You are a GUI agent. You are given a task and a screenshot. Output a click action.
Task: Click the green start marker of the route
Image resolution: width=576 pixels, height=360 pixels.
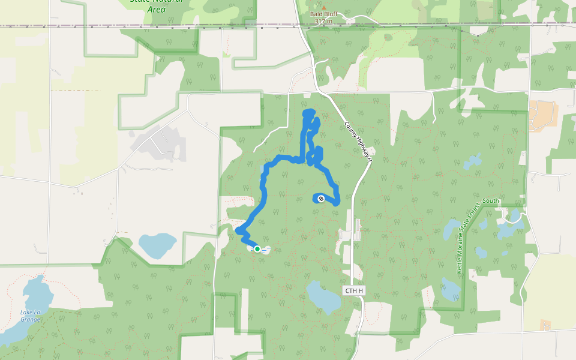click(x=257, y=248)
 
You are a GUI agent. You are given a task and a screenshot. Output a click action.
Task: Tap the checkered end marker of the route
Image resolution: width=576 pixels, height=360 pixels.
click(x=321, y=199)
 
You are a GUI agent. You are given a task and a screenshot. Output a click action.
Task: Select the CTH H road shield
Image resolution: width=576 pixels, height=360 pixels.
click(x=354, y=290)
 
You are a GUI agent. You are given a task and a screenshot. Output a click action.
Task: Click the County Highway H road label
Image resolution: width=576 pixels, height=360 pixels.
click(x=358, y=143)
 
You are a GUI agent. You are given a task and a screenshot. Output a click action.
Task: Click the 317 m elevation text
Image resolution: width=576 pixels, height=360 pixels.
click(x=323, y=22)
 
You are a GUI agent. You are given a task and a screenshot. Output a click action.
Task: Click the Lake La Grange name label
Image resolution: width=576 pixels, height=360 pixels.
click(x=30, y=316)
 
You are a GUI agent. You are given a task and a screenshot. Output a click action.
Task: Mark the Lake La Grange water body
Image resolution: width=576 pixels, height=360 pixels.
click(x=37, y=294)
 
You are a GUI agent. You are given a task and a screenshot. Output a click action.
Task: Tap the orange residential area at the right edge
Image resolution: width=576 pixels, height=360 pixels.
click(x=544, y=115)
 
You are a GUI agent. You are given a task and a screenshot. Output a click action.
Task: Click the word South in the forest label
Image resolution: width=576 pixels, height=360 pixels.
click(x=490, y=200)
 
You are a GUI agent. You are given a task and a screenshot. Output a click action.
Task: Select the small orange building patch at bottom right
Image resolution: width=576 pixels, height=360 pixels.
click(x=545, y=325)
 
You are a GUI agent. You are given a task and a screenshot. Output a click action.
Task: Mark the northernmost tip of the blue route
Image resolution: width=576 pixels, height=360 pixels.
click(x=308, y=112)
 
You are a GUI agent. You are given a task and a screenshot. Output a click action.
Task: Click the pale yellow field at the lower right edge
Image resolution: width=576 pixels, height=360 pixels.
click(x=549, y=288)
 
